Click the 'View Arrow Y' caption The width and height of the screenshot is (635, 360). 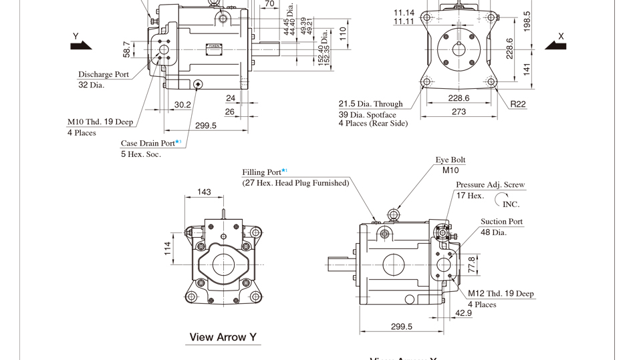click(223, 337)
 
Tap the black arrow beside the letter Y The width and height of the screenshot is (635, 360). click(81, 45)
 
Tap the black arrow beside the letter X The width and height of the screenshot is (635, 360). click(555, 45)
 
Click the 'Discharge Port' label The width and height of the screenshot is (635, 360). click(104, 74)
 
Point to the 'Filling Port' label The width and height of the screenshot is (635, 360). click(262, 172)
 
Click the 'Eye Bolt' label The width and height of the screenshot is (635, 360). click(451, 160)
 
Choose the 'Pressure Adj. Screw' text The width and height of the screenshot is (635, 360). click(490, 184)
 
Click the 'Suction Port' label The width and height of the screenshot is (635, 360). click(501, 221)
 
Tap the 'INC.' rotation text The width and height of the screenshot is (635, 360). click(511, 204)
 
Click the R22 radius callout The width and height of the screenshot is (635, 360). click(518, 104)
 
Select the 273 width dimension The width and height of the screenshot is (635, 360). click(459, 112)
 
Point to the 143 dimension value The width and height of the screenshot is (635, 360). click(204, 192)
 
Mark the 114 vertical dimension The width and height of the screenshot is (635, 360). click(168, 248)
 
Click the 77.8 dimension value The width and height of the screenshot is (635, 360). click(471, 264)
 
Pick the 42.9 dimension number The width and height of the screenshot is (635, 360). click(463, 313)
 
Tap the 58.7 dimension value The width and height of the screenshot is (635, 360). click(126, 49)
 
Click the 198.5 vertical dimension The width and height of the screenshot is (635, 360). click(527, 22)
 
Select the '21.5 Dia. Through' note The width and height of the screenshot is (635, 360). click(370, 104)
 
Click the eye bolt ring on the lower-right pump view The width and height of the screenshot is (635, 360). click(394, 214)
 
